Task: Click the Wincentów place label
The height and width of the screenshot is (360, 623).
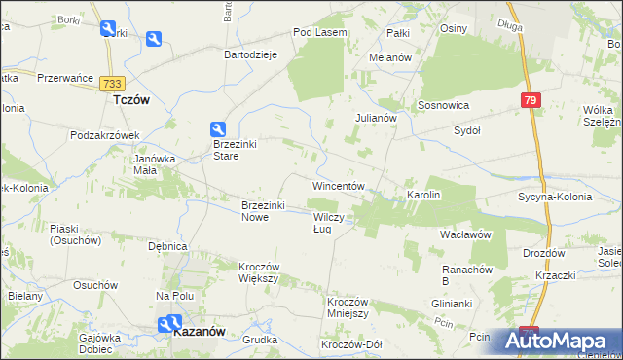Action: tap(338, 185)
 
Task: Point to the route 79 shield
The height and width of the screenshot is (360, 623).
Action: tap(530, 100)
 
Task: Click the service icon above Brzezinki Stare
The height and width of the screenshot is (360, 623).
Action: tap(220, 128)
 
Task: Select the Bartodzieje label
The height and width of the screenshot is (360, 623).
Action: tap(251, 54)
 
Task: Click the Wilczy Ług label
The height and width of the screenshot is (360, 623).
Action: tap(327, 223)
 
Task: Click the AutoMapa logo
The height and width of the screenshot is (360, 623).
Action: tap(563, 341)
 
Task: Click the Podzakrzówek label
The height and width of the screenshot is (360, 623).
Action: tap(107, 135)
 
